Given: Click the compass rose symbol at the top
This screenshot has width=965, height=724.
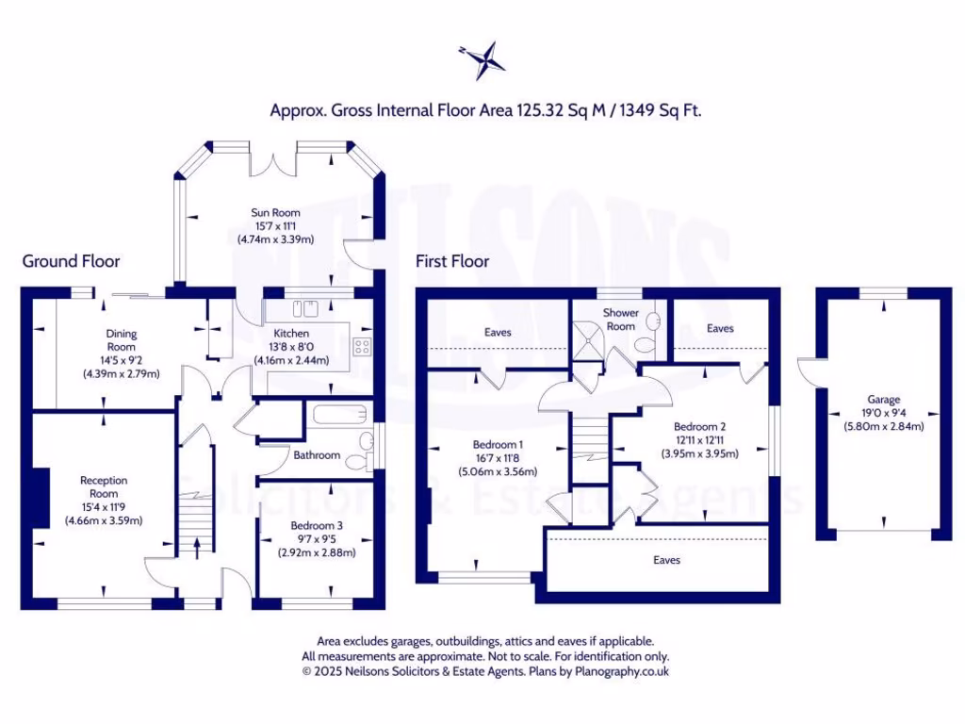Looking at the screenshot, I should tap(482, 59).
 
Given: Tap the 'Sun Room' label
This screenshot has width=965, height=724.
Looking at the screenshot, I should tap(275, 212).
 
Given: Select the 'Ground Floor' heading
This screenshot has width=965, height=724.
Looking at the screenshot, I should tap(71, 261).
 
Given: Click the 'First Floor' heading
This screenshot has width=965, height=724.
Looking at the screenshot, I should tap(452, 261).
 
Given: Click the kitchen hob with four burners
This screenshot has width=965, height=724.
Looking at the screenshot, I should tap(362, 345).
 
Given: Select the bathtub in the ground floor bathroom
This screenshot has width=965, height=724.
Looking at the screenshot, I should tap(338, 415).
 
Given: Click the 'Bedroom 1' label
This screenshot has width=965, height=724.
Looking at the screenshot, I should tap(497, 445).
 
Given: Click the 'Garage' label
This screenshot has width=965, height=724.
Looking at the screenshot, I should tap(883, 400).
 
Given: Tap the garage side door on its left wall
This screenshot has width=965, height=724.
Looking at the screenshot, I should tap(808, 371).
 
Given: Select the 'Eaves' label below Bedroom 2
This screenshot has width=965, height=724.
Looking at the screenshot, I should tap(666, 560).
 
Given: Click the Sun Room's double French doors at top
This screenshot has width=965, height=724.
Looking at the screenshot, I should tap(274, 160).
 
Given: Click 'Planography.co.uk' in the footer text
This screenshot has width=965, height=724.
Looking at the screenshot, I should tap(625, 672).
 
